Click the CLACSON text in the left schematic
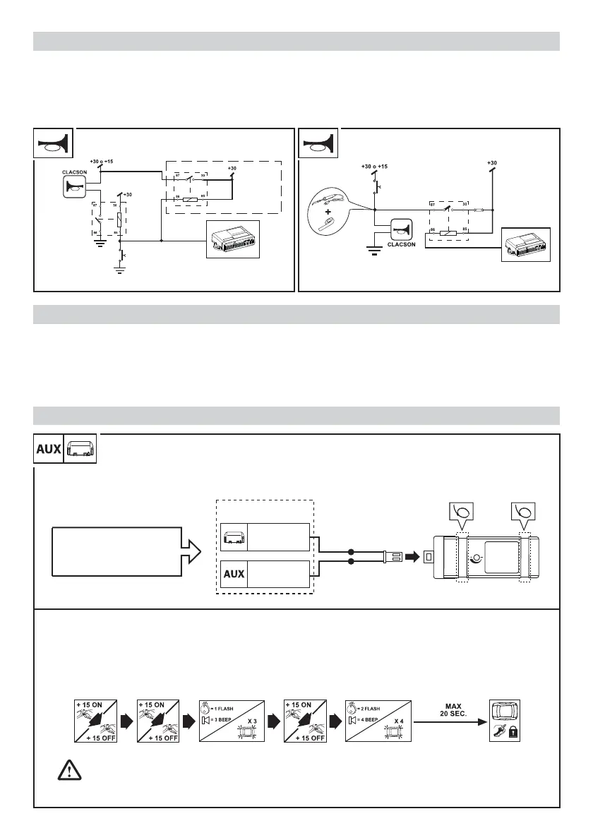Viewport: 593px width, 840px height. [x=74, y=171]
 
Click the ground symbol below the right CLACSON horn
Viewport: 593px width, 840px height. [x=372, y=251]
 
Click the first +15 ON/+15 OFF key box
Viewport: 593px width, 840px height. [x=93, y=721]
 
